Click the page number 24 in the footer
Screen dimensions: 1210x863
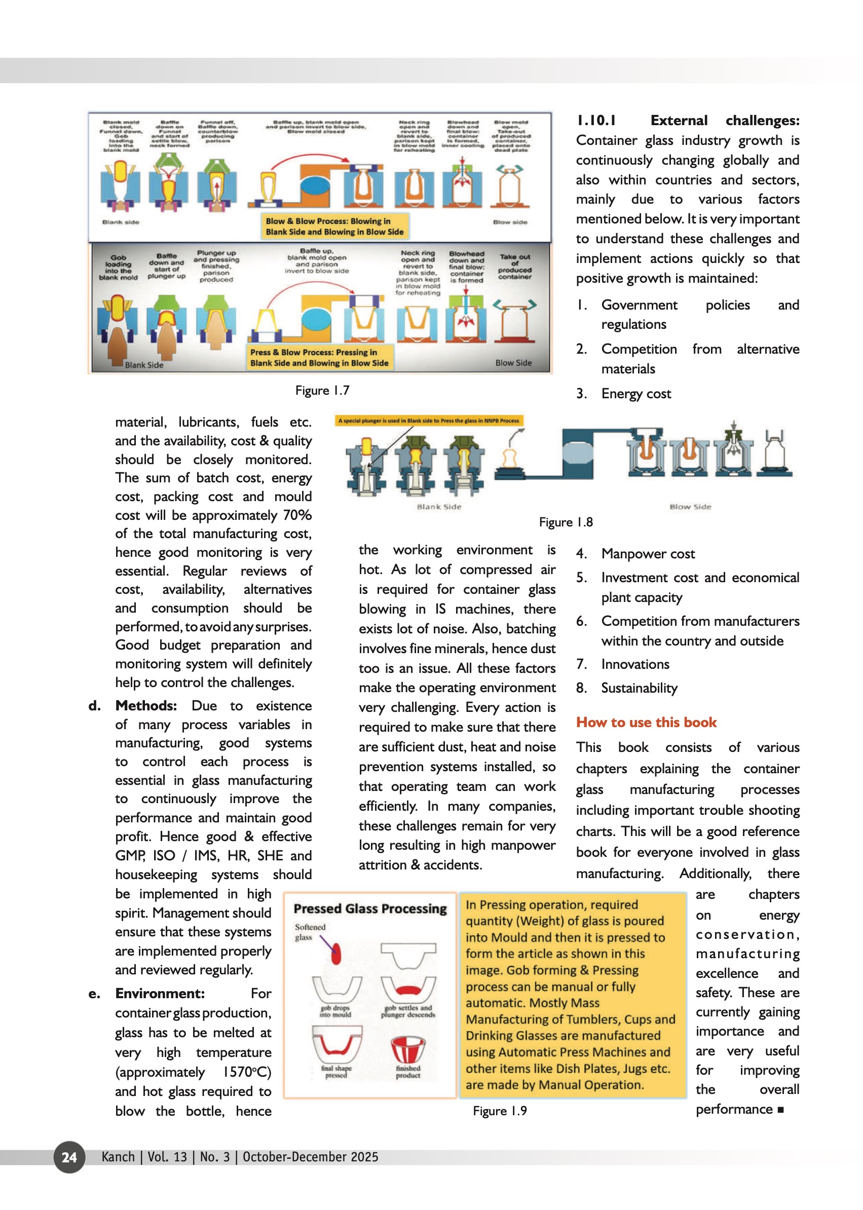coord(69,1157)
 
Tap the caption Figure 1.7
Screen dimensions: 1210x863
coord(322,391)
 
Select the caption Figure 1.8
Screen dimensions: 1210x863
coord(566,522)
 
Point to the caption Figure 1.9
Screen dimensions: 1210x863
coord(500,1111)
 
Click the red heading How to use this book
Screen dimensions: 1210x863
coord(646,722)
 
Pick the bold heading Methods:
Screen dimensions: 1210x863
coord(146,706)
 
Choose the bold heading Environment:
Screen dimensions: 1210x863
coord(160,993)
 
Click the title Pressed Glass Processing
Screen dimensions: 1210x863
coord(370,909)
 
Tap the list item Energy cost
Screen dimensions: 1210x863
coord(636,394)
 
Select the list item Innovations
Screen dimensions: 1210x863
coord(635,664)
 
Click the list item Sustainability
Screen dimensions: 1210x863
coord(640,688)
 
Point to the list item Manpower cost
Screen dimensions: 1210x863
coord(648,554)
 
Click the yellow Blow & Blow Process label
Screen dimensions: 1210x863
coord(335,226)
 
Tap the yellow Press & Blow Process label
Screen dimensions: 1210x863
coord(319,358)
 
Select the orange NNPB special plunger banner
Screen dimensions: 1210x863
coord(428,421)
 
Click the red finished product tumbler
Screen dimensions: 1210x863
coord(407,1049)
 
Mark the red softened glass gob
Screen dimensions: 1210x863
coord(336,953)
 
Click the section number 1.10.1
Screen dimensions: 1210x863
coord(596,121)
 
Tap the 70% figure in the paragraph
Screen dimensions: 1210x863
coord(297,515)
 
